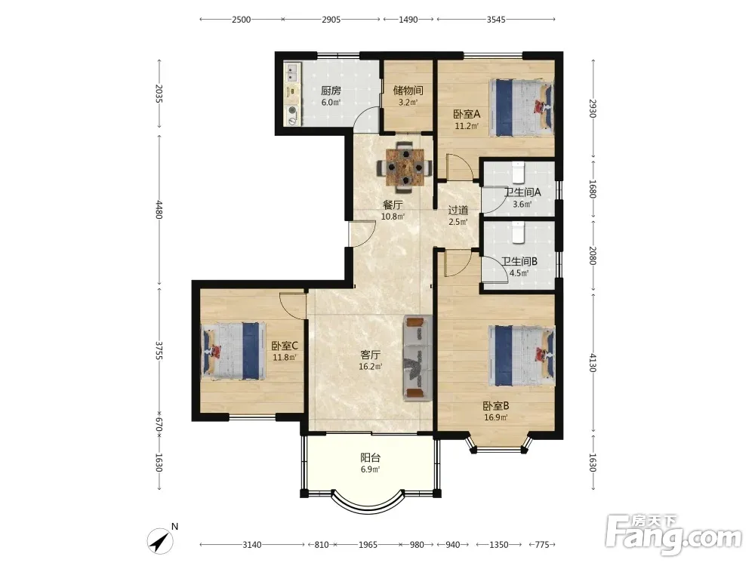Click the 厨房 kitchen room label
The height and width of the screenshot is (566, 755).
(x=331, y=91)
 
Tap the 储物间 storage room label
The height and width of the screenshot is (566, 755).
(x=408, y=91)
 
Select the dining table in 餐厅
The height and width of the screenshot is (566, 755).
(x=405, y=167)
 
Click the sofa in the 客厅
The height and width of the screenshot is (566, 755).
(x=418, y=358)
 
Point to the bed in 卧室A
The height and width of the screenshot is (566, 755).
(x=522, y=108)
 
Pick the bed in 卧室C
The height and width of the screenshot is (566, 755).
(x=233, y=351)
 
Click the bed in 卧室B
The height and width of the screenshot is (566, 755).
(x=522, y=355)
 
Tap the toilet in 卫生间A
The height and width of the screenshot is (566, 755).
(x=518, y=173)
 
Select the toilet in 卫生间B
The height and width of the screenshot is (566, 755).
(x=518, y=232)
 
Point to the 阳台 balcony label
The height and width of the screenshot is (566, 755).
(x=370, y=458)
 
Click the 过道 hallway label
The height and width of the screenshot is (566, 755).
(x=458, y=211)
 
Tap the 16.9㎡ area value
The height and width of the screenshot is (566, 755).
(x=495, y=418)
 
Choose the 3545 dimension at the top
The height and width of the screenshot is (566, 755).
(x=496, y=20)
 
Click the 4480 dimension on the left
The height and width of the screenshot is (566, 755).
(x=159, y=210)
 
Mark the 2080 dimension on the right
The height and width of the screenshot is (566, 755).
(x=593, y=255)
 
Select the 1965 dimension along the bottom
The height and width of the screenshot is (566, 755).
(x=368, y=544)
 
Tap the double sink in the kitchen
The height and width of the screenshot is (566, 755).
(x=291, y=73)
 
